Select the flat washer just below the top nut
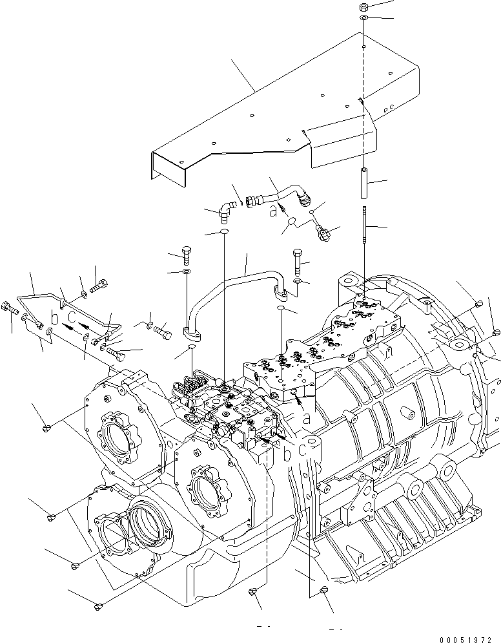[364, 21]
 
